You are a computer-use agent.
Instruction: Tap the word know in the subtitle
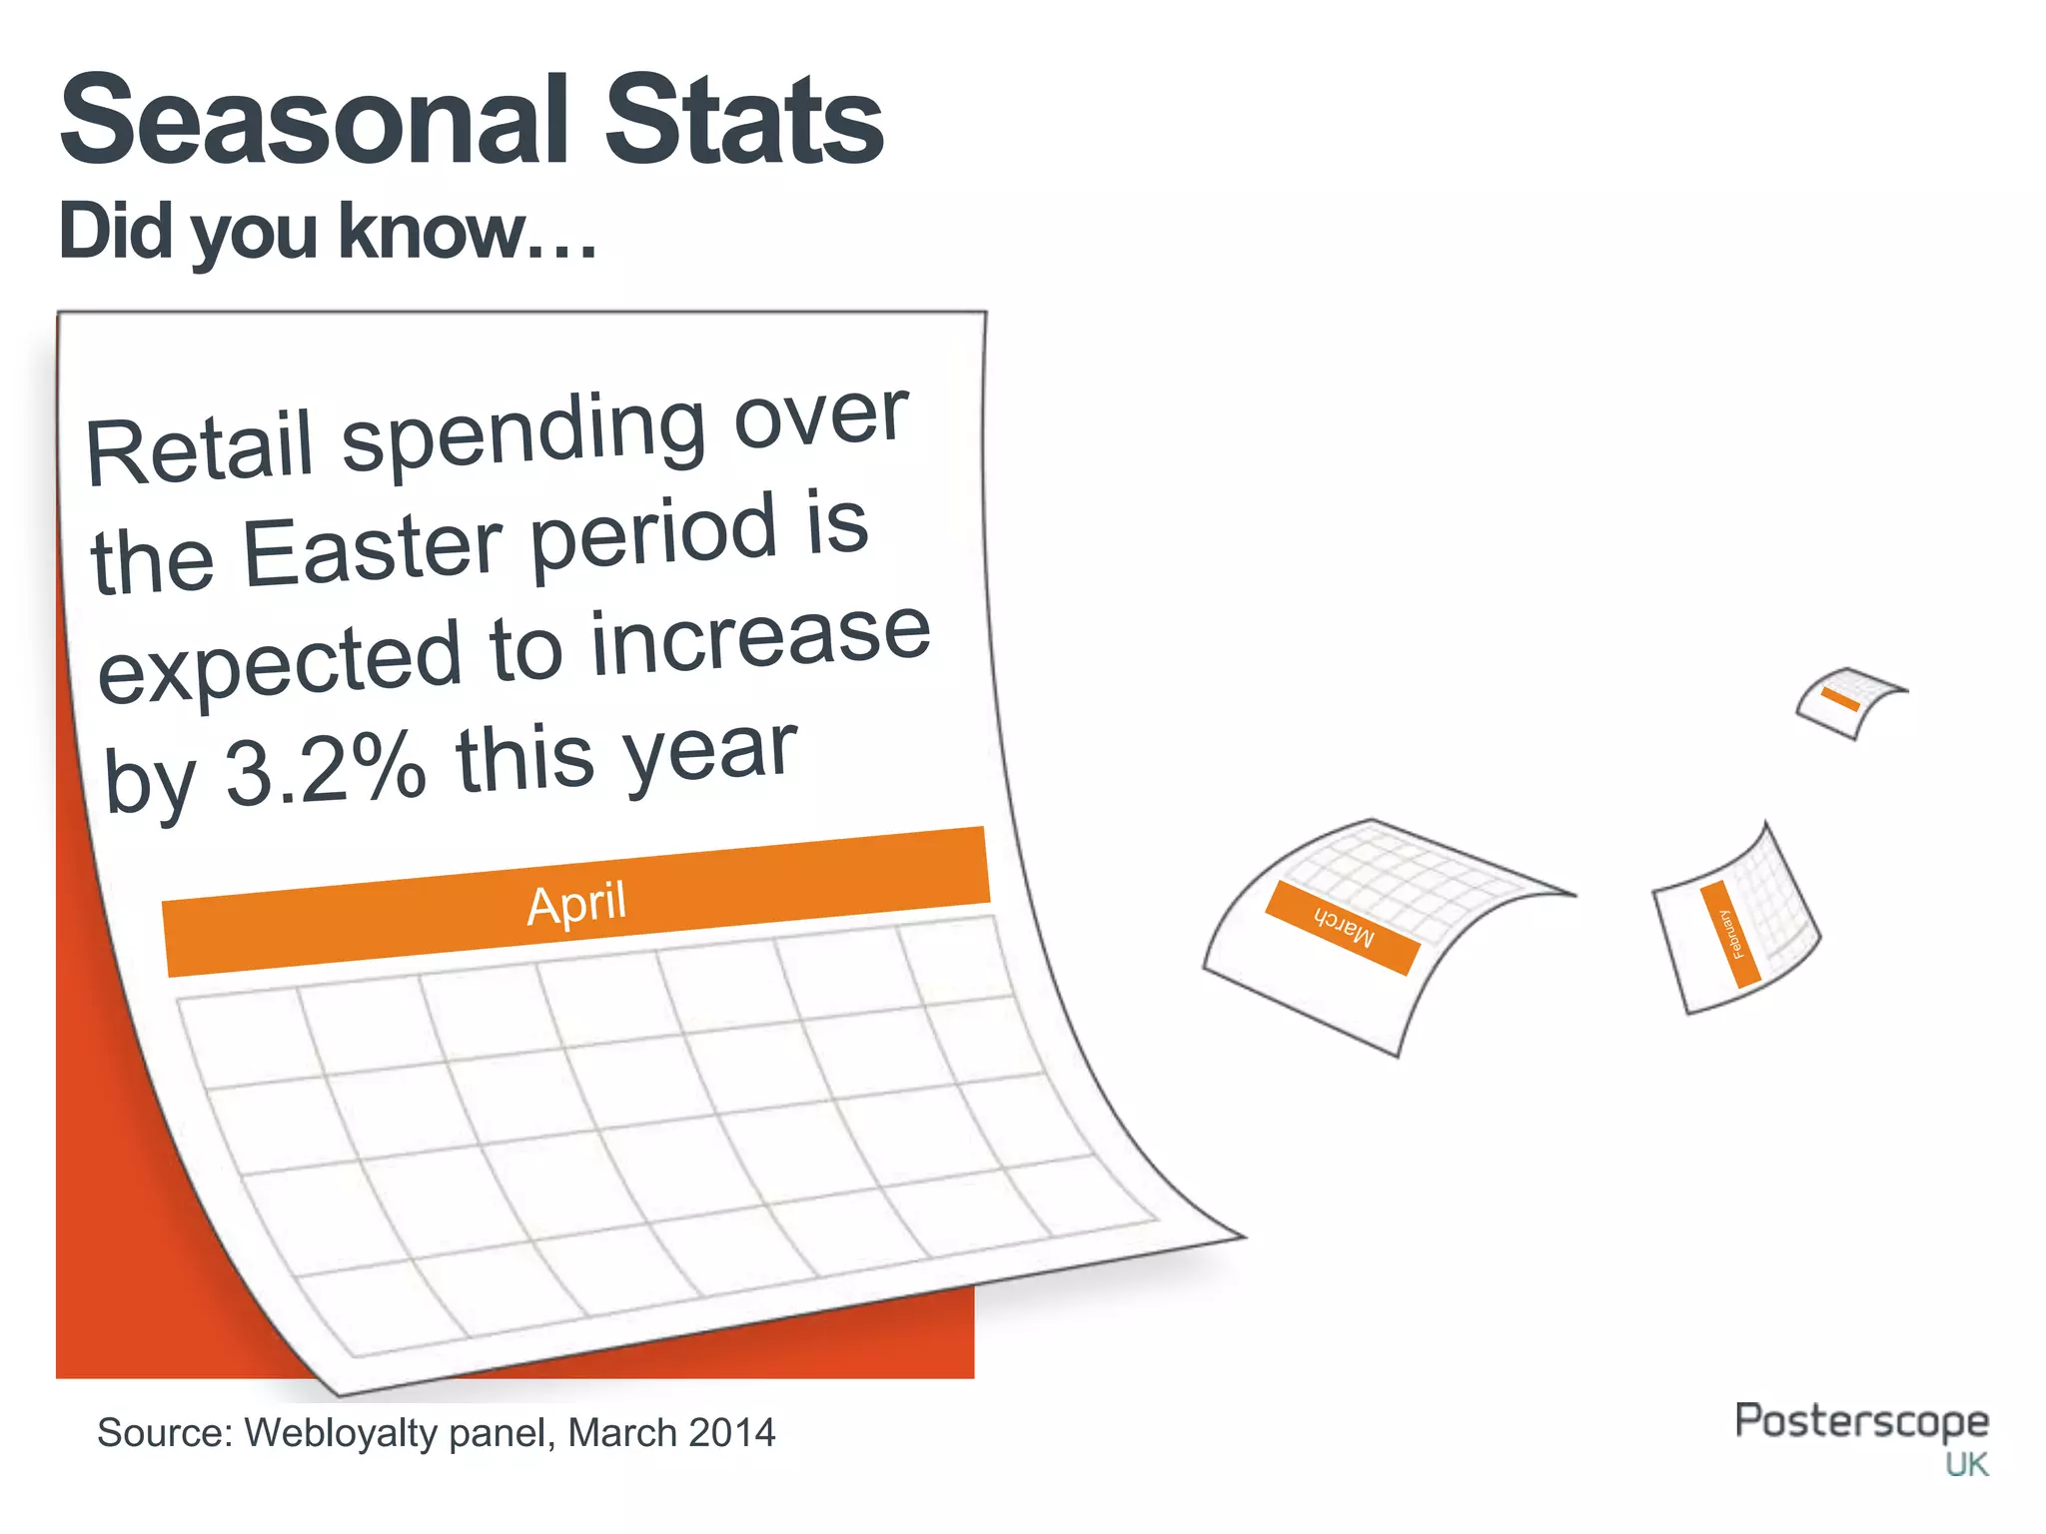point(432,232)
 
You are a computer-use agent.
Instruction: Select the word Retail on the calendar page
point(200,449)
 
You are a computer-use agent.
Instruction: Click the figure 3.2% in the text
point(325,771)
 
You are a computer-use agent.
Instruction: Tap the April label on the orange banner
point(576,904)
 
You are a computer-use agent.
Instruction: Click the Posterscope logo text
point(1861,1420)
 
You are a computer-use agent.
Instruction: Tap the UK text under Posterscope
point(1966,1465)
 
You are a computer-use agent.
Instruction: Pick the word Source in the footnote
point(163,1433)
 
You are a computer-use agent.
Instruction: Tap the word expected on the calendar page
point(280,664)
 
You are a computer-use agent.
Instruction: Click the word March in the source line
point(622,1433)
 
